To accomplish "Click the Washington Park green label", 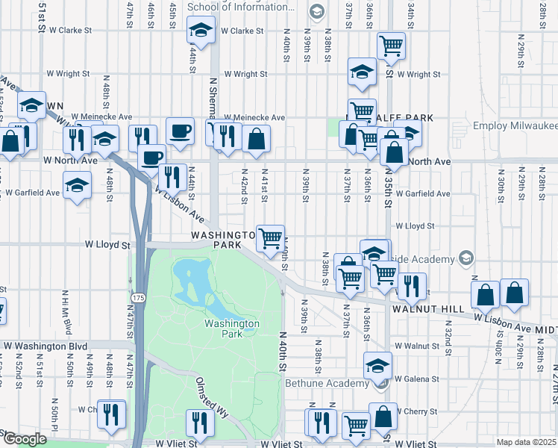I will (x=231, y=329).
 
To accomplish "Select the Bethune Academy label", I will (x=326, y=383).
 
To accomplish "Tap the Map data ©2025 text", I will (x=527, y=442).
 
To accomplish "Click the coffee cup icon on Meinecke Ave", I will (x=180, y=131).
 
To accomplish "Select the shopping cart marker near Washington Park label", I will (x=271, y=238).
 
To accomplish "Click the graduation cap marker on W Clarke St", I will (x=200, y=31).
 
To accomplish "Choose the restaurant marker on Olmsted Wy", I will (x=200, y=423).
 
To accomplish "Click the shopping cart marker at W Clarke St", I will (x=391, y=46).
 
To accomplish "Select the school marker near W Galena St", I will (x=377, y=365).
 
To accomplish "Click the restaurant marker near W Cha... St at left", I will (x=112, y=413).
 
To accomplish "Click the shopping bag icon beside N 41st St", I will (x=256, y=138).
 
